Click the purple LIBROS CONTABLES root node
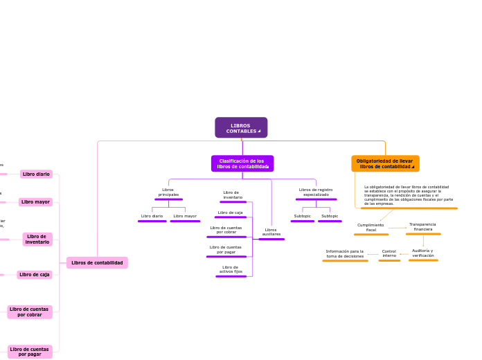[241, 128]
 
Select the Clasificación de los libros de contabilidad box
[242, 163]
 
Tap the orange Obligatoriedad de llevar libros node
[385, 163]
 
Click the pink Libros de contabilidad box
[97, 262]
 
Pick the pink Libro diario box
[36, 174]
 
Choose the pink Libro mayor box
[35, 202]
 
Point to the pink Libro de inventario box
[37, 239]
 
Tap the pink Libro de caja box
[34, 274]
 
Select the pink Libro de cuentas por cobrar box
[30, 312]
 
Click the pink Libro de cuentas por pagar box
[30, 352]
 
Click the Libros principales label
[168, 192]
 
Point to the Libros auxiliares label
[271, 232]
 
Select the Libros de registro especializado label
[316, 192]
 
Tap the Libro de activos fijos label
[231, 269]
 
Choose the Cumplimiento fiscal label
[371, 227]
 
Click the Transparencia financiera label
[422, 226]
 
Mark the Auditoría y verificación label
[422, 253]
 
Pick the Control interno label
[389, 253]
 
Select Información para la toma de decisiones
[345, 253]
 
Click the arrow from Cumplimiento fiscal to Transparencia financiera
[398, 228]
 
